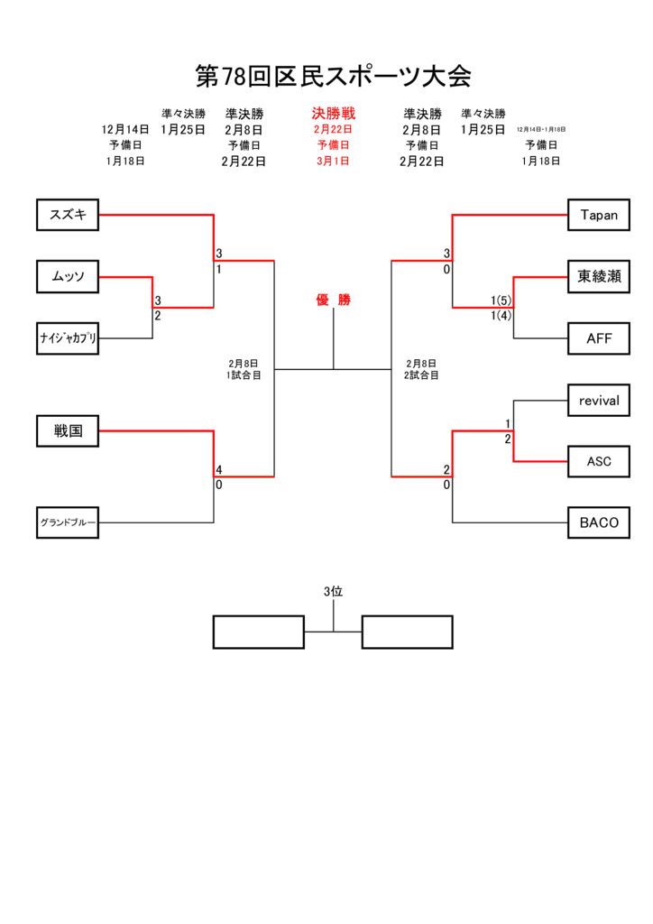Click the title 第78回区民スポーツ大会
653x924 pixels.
tap(334, 77)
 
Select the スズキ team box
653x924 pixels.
tap(68, 215)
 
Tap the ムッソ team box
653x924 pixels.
tap(68, 276)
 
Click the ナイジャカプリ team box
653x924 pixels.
tap(68, 338)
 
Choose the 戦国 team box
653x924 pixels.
tap(68, 431)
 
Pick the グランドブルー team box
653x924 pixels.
tap(68, 522)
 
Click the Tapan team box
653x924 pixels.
tap(599, 215)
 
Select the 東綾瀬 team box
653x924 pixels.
tap(599, 276)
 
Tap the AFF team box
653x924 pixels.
tap(599, 338)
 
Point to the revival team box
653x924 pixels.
tap(599, 400)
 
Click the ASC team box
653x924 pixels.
tap(599, 461)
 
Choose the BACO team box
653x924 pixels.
tap(599, 522)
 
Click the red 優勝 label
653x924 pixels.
tap(333, 300)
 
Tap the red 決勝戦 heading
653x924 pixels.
tap(334, 114)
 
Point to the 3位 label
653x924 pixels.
tap(334, 592)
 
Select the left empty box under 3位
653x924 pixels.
tap(258, 632)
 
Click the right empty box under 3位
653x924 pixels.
tap(407, 632)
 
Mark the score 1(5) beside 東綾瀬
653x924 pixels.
tap(501, 300)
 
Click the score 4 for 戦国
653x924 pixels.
tap(219, 470)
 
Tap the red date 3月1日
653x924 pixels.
tap(334, 162)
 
